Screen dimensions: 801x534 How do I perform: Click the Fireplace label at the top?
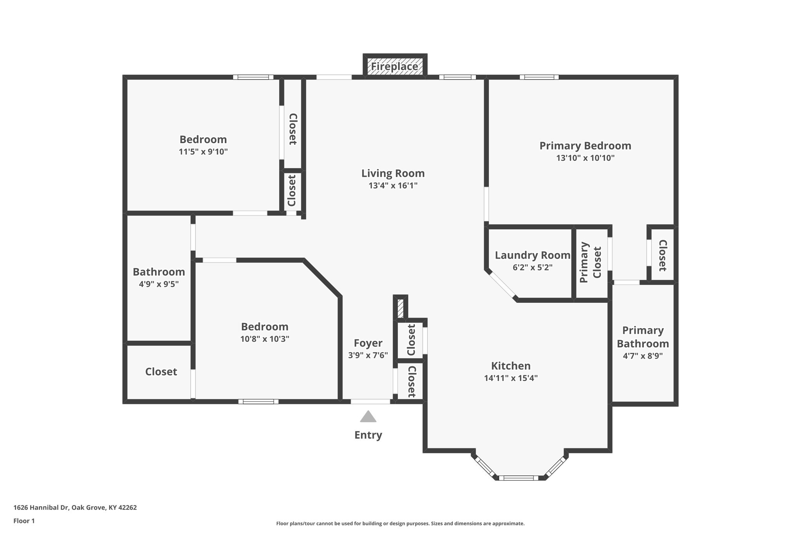tap(394, 67)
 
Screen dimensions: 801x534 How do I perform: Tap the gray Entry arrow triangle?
tap(368, 417)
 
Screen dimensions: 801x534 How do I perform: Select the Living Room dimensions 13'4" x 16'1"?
tap(393, 185)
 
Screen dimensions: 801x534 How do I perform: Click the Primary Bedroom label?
tap(585, 146)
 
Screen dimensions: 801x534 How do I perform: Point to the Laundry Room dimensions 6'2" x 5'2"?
tap(533, 268)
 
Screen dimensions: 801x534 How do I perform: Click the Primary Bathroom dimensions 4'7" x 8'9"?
tap(643, 356)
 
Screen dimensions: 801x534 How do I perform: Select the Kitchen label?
tap(511, 366)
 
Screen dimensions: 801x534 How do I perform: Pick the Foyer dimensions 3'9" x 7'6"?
tap(368, 355)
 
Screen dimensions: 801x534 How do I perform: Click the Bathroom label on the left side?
tap(159, 272)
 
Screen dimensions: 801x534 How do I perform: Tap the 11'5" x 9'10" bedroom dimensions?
tap(203, 152)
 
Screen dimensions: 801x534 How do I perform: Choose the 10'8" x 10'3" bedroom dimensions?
tap(265, 339)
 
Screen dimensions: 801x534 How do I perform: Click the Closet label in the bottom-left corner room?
tap(161, 372)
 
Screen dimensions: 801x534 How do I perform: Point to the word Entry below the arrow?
tap(368, 435)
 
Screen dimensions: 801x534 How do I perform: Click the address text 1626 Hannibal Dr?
tap(41, 508)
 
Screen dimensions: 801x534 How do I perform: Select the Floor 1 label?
tap(24, 521)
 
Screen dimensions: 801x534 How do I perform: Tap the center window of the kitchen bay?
tap(519, 478)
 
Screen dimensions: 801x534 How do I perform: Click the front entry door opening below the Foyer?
tap(370, 401)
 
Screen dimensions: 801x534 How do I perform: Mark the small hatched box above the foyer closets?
tap(400, 308)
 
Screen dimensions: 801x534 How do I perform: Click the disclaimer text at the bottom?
tap(400, 523)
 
